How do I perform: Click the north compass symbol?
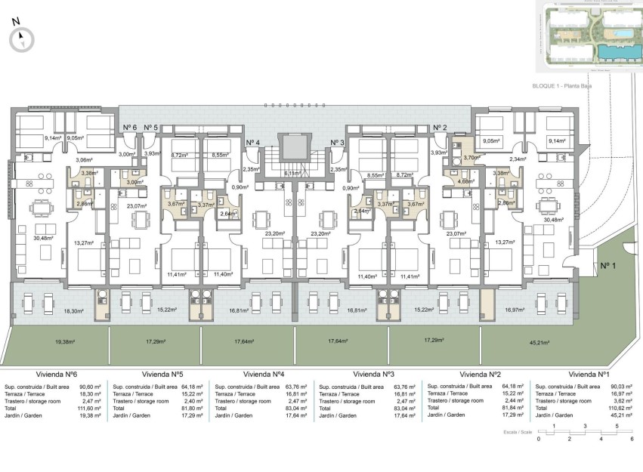tap(23, 39)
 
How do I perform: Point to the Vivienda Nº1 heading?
tap(589, 374)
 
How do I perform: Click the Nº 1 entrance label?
tap(608, 265)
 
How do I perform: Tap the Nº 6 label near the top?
tap(129, 128)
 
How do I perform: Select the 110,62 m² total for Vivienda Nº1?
tap(620, 409)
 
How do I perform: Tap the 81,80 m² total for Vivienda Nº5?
tap(193, 409)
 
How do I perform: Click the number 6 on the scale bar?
tap(632, 440)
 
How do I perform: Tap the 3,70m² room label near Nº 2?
tap(472, 158)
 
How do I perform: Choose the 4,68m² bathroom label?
tap(467, 181)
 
